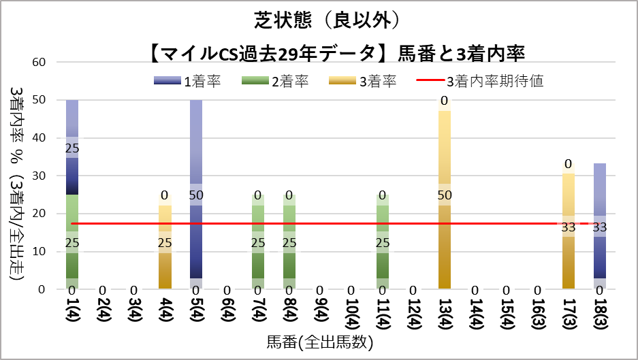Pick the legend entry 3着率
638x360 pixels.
tap(362, 81)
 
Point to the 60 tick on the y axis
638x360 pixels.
tap(39, 62)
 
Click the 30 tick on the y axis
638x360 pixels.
tap(39, 176)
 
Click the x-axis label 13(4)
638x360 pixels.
tap(445, 314)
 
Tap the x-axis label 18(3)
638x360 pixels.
tap(600, 314)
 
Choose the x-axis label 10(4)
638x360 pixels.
tap(351, 314)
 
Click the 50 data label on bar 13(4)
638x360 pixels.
tap(445, 195)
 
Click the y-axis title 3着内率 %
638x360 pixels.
tap(16, 136)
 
